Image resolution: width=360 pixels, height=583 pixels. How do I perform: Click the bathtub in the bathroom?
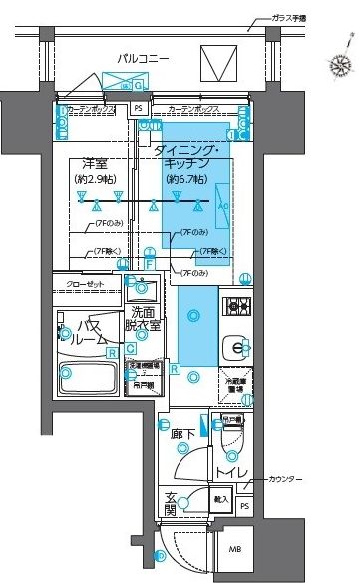click(x=89, y=382)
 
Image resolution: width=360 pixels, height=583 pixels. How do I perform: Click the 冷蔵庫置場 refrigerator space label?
click(x=235, y=384)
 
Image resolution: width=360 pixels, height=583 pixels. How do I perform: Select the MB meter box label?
click(x=235, y=549)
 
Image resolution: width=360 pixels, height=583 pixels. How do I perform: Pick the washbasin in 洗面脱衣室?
click(x=141, y=291)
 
